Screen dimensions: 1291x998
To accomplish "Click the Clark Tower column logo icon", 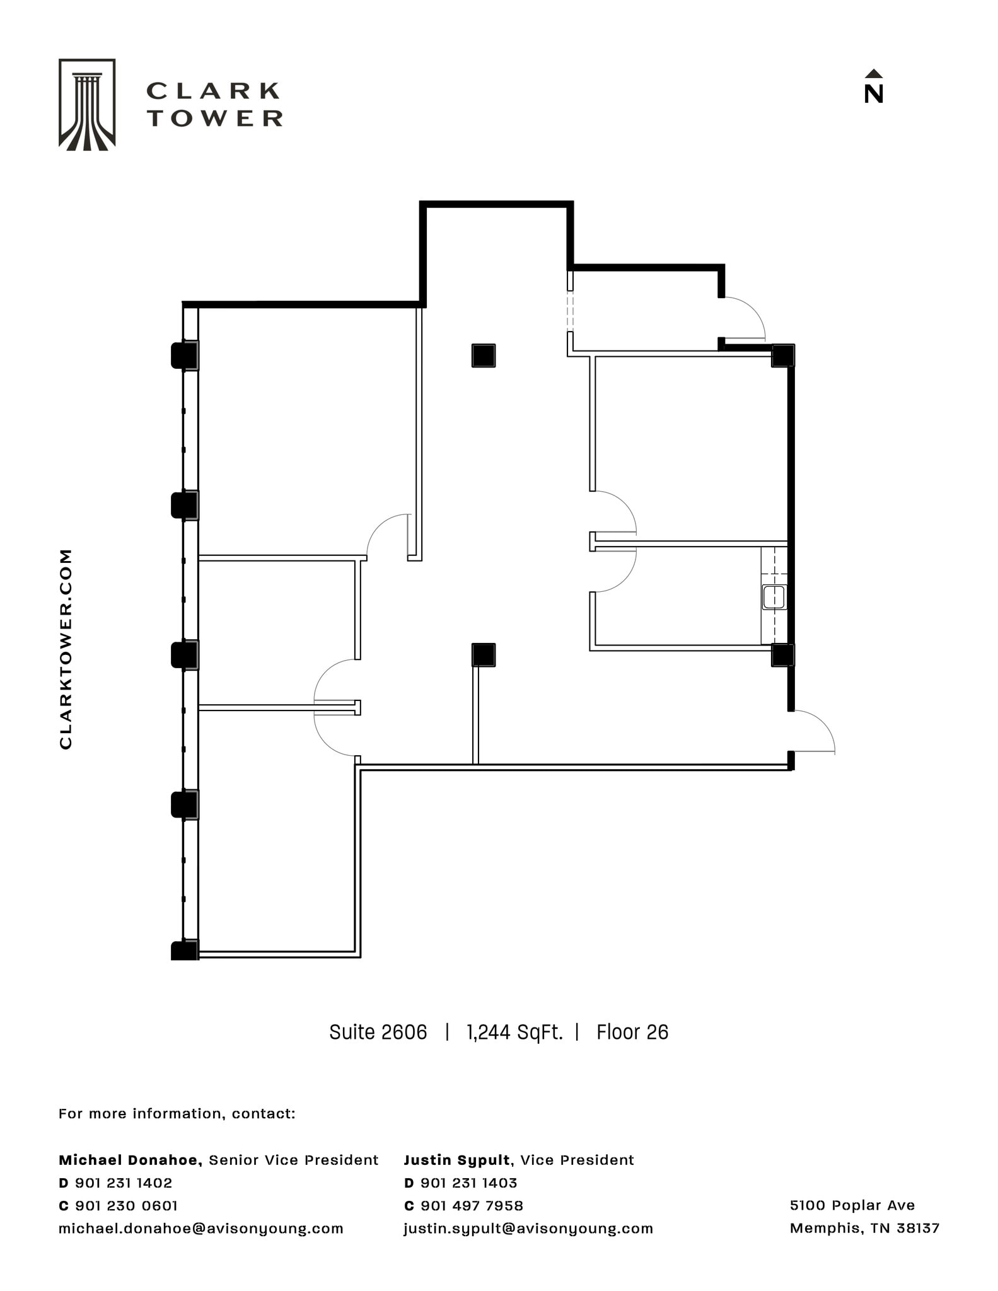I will [x=87, y=105].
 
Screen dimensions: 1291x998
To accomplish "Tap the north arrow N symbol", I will [x=873, y=87].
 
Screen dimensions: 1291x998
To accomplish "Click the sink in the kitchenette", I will [x=774, y=597].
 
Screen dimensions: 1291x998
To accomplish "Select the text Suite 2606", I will [x=378, y=1032].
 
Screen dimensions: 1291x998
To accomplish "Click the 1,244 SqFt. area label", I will [x=514, y=1032].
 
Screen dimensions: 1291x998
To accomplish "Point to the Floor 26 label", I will [x=632, y=1032].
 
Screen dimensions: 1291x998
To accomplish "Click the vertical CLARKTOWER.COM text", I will [x=66, y=649].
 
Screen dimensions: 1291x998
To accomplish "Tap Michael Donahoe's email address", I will [x=200, y=1228].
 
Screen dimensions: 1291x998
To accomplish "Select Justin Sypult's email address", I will [x=528, y=1228].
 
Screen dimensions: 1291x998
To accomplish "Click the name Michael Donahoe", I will [x=129, y=1160].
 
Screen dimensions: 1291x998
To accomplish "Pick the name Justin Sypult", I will [x=456, y=1160].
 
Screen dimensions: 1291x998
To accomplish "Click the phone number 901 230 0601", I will [x=126, y=1205].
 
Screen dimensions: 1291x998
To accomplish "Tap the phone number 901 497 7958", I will [x=472, y=1205].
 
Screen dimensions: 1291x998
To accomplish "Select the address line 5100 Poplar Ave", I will [x=852, y=1205].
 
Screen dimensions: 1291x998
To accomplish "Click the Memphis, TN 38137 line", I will [x=864, y=1227].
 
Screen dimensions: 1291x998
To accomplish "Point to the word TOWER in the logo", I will [x=215, y=118].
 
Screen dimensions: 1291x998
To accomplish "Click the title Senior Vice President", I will [x=293, y=1160].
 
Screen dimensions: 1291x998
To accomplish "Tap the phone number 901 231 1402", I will [x=124, y=1183].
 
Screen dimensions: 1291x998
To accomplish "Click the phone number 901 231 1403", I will [x=468, y=1183].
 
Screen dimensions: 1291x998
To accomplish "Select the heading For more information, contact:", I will [x=177, y=1113].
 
